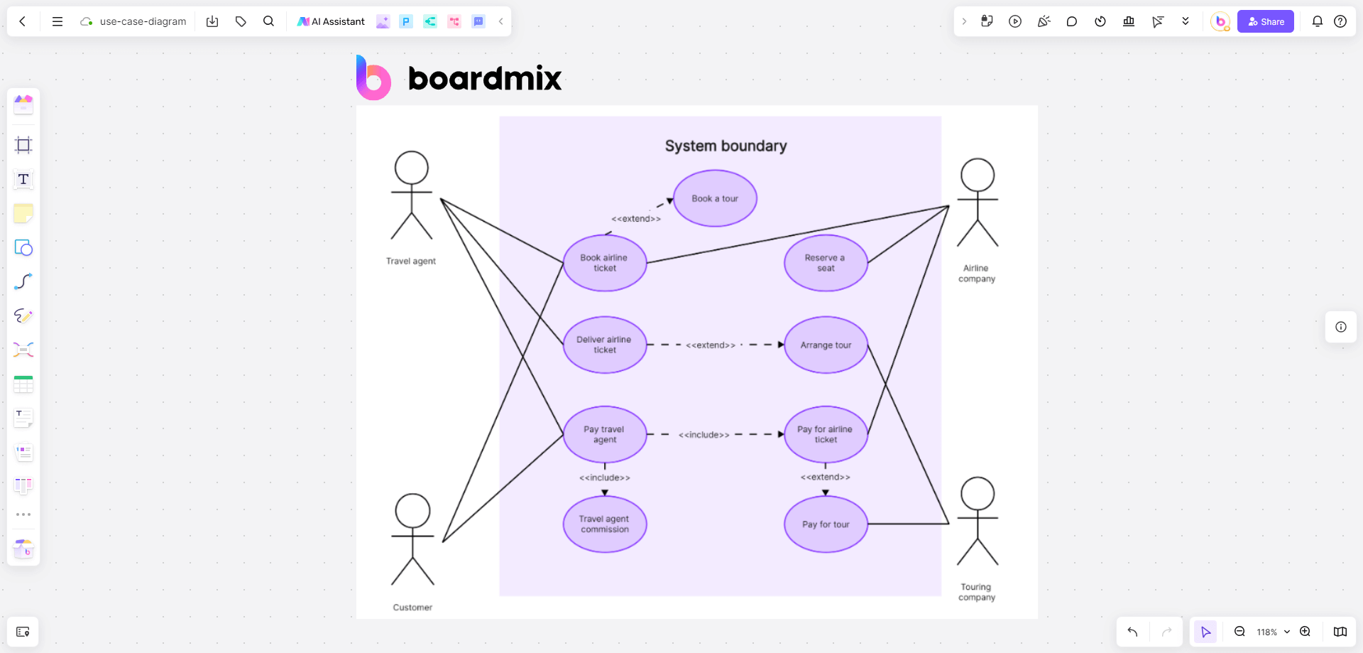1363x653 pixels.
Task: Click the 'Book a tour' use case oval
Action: pos(715,198)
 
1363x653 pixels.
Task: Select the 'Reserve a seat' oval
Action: pos(826,263)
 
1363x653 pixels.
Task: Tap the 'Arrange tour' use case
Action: pos(826,345)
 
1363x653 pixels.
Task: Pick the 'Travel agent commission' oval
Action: pos(605,524)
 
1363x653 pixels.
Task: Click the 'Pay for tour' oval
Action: pos(826,524)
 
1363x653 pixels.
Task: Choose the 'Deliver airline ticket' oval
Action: pos(604,345)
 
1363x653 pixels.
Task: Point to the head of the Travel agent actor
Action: pos(412,168)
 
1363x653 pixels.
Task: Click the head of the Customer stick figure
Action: pos(412,510)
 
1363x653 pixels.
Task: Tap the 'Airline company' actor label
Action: pos(977,274)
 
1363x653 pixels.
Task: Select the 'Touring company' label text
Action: pos(977,592)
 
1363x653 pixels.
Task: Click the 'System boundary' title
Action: pos(726,146)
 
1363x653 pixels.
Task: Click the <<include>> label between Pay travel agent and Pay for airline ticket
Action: pos(704,435)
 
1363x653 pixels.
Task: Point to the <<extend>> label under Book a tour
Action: pos(636,219)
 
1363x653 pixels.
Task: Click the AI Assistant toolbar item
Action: pos(331,21)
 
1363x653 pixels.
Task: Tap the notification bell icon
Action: pos(1317,21)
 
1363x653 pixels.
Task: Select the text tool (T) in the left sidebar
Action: pos(23,179)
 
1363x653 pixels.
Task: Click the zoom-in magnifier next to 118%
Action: pos(1305,632)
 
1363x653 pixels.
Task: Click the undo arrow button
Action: pos(1132,632)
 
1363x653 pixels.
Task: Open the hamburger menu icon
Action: pos(58,21)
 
